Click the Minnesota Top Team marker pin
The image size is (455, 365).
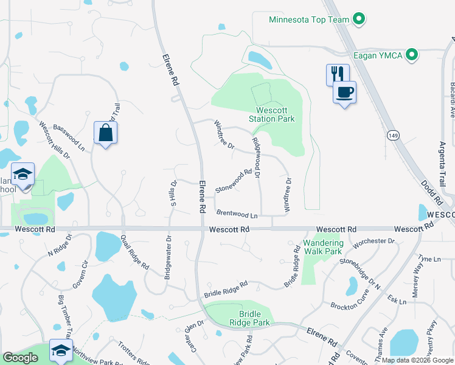click(359, 19)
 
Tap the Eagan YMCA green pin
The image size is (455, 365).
click(412, 55)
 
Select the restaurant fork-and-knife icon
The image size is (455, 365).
click(338, 74)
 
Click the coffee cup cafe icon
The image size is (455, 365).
click(344, 92)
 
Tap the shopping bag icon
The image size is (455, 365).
click(105, 133)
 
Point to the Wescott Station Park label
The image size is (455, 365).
click(272, 114)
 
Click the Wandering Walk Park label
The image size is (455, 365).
click(323, 247)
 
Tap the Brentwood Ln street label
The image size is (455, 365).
click(237, 215)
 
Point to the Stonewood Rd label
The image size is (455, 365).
click(233, 182)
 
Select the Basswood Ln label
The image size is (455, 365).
click(69, 137)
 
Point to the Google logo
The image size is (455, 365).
click(20, 358)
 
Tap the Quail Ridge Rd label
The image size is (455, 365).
click(134, 252)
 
